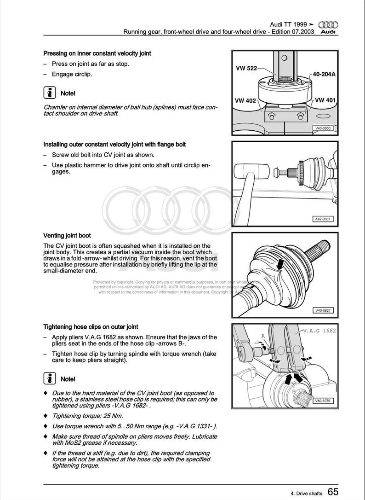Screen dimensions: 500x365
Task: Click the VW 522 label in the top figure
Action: (246, 68)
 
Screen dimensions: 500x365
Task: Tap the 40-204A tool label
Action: (324, 74)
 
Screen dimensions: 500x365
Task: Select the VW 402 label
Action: (245, 100)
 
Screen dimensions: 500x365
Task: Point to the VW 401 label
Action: (325, 100)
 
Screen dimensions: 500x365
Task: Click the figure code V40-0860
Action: (322, 128)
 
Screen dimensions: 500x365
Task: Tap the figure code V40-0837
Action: (322, 310)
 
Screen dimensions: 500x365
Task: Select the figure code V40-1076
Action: (322, 401)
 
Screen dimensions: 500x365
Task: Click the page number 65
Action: (334, 492)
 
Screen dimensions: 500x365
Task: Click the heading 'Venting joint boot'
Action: (67, 235)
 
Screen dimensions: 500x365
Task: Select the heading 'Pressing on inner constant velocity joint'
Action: (97, 53)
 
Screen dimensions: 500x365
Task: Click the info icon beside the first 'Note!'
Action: (49, 93)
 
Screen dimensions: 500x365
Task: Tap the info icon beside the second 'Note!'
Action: (49, 378)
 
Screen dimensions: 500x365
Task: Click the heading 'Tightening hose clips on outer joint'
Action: (91, 327)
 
